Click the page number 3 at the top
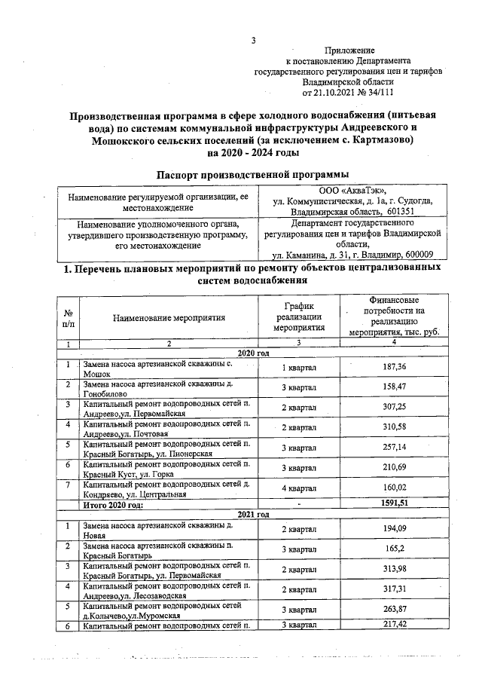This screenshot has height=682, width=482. pyautogui.click(x=254, y=41)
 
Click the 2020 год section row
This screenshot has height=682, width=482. pyautogui.click(x=252, y=353)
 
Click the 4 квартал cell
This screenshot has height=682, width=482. pyautogui.click(x=299, y=490)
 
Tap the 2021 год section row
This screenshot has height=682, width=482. pyautogui.click(x=252, y=514)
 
